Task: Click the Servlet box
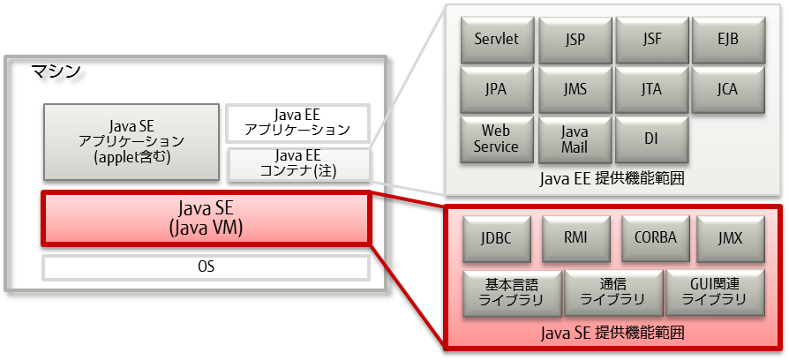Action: (496, 41)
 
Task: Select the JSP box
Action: (575, 41)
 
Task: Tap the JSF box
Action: (652, 41)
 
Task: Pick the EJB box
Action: (728, 41)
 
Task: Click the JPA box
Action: (496, 89)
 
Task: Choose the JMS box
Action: (575, 89)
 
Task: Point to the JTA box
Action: (652, 89)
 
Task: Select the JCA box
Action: (728, 89)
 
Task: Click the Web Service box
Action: (496, 139)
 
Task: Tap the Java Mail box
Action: (575, 139)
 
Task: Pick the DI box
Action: (652, 139)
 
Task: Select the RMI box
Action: (575, 238)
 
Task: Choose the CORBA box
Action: (654, 238)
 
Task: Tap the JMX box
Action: (731, 238)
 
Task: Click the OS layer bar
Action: (205, 266)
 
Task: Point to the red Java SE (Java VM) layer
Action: (205, 219)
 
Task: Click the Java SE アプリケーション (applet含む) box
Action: (130, 141)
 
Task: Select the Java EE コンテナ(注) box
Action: (300, 164)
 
